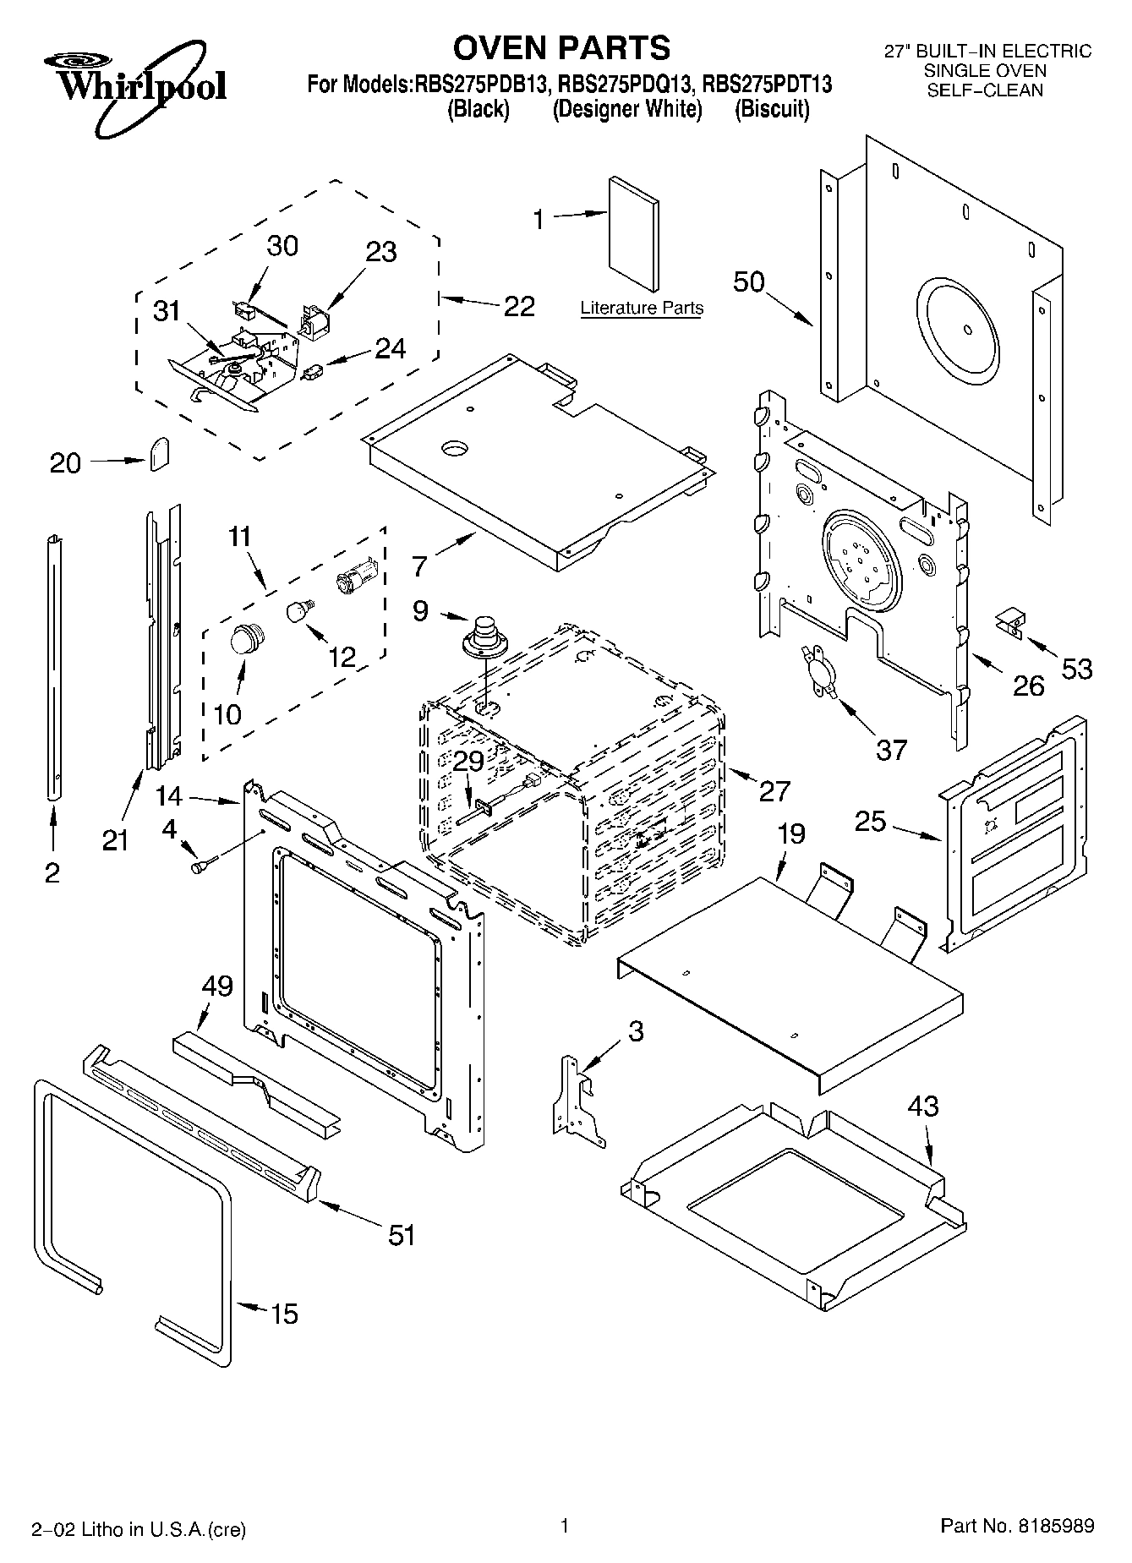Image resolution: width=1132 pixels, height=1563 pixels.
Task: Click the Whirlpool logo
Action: (x=135, y=89)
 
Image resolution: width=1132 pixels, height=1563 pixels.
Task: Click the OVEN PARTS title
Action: (x=561, y=48)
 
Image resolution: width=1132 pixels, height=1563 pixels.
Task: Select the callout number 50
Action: (x=749, y=281)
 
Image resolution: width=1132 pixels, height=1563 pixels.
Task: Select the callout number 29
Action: (x=468, y=762)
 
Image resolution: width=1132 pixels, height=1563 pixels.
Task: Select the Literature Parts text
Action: (x=642, y=309)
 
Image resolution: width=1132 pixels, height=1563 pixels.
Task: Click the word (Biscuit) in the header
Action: (x=772, y=110)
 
